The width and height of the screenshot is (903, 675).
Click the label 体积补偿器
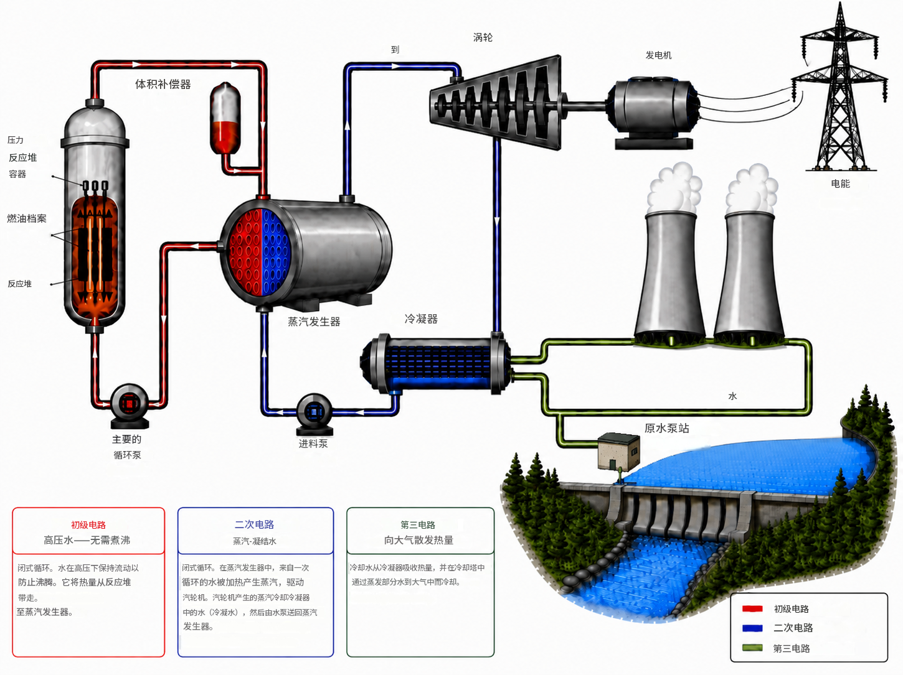[x=163, y=84]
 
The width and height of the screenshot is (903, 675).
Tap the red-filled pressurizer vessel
[x=225, y=118]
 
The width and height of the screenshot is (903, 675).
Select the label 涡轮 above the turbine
[x=483, y=37]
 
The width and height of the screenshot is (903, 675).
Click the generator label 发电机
[x=658, y=55]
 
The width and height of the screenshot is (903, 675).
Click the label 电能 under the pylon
[x=840, y=184]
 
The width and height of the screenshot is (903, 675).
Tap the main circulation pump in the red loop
[x=129, y=405]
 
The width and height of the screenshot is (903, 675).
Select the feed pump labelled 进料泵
[x=314, y=413]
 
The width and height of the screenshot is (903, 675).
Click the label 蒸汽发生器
[x=314, y=322]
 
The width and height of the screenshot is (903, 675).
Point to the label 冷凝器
[x=421, y=319]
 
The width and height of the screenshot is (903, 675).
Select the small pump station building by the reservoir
[x=618, y=451]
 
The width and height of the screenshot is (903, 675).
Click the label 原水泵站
[x=666, y=428]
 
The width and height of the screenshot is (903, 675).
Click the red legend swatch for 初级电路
[x=752, y=609]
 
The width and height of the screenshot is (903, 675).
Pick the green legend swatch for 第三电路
[x=752, y=648]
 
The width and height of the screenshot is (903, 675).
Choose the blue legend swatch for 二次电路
[x=752, y=628]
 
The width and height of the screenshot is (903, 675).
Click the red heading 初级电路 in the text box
[x=88, y=525]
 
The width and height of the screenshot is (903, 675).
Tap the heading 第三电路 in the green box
[x=418, y=524]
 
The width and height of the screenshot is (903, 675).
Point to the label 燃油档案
[x=27, y=218]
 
